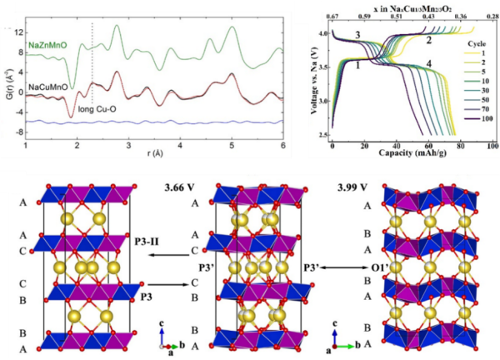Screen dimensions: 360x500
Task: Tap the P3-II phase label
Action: [147, 242]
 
